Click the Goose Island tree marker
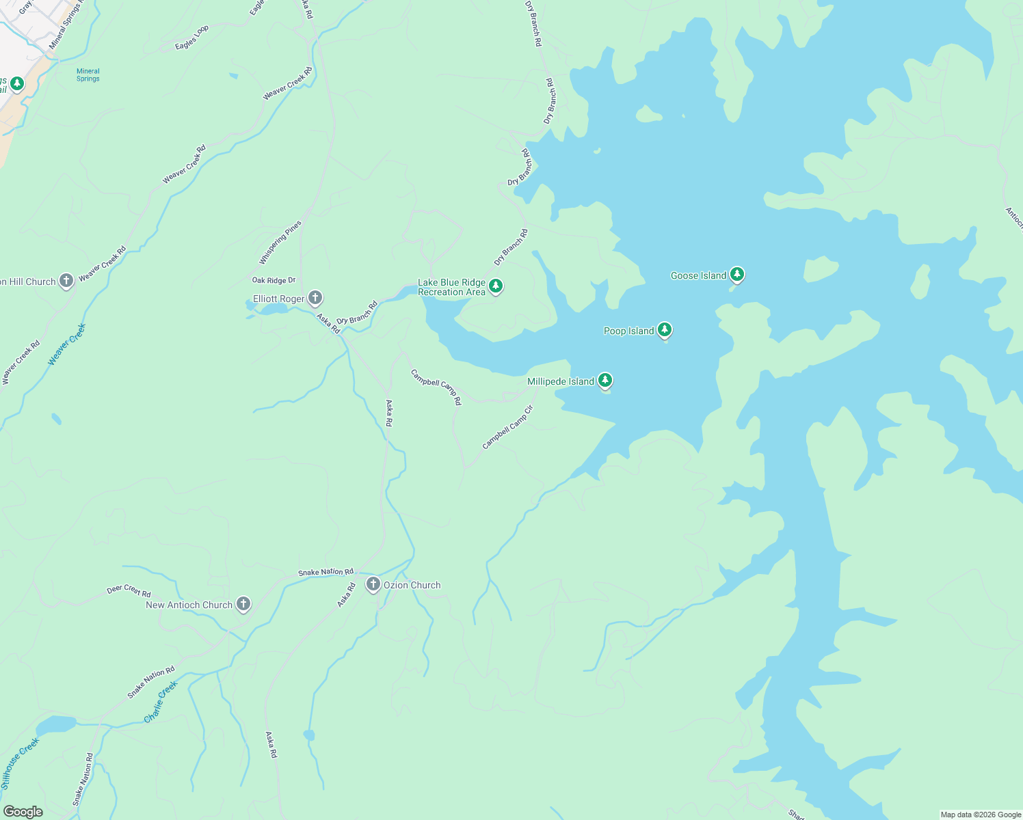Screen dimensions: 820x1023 pyautogui.click(x=736, y=274)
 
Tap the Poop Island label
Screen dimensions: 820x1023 pyautogui.click(x=628, y=331)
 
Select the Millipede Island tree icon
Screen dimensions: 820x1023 pyautogui.click(x=604, y=380)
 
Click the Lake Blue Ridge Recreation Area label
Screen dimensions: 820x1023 pyautogui.click(x=451, y=287)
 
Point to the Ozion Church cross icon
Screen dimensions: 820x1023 pyautogui.click(x=373, y=584)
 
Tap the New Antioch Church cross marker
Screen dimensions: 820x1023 pyautogui.click(x=243, y=603)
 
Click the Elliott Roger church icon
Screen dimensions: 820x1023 pyautogui.click(x=315, y=297)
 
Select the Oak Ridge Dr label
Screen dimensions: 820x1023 pyautogui.click(x=274, y=280)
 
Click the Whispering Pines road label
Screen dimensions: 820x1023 pyautogui.click(x=280, y=243)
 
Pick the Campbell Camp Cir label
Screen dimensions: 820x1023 pyautogui.click(x=507, y=428)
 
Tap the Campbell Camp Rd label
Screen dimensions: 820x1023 pyautogui.click(x=436, y=387)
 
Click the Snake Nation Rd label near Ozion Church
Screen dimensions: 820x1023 pyautogui.click(x=325, y=572)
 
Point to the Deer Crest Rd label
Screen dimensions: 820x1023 pyautogui.click(x=129, y=591)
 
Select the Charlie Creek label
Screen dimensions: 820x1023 pyautogui.click(x=161, y=702)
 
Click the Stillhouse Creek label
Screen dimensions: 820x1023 pyautogui.click(x=21, y=763)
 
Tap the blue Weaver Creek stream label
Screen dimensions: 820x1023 pyautogui.click(x=67, y=344)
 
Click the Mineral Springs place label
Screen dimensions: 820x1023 pyautogui.click(x=88, y=74)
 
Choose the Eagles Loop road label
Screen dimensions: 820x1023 pyautogui.click(x=191, y=38)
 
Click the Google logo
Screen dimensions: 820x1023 pyautogui.click(x=23, y=812)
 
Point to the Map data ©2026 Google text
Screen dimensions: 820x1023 pyautogui.click(x=980, y=815)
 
